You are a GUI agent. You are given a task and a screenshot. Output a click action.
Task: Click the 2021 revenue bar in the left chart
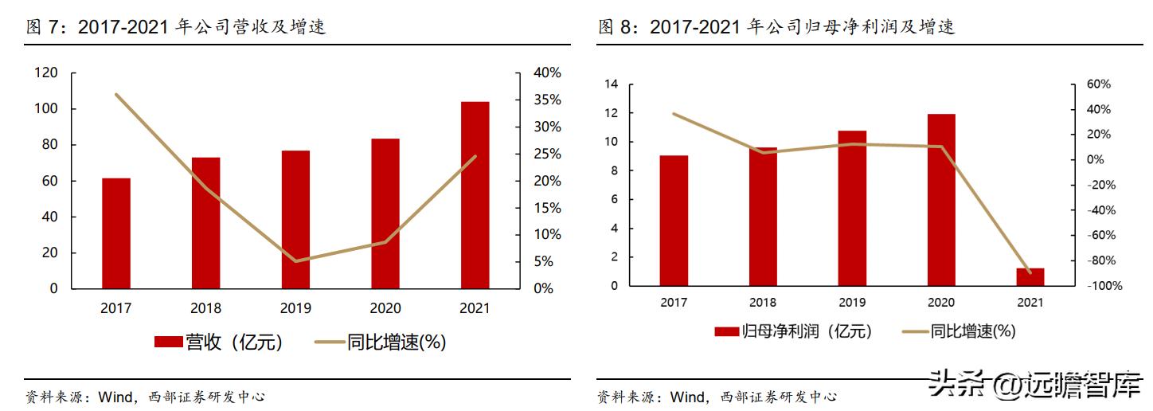(x=475, y=195)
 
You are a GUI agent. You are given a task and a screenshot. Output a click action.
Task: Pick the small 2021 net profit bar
(x=1030, y=277)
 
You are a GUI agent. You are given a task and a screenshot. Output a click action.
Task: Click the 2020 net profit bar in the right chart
(x=941, y=200)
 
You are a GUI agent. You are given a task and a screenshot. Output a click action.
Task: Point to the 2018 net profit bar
(x=763, y=217)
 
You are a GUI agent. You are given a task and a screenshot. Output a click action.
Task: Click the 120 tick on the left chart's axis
(x=47, y=73)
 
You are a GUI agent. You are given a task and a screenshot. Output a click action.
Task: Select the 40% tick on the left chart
(x=547, y=73)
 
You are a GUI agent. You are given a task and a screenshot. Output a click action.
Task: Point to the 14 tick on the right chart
(x=612, y=84)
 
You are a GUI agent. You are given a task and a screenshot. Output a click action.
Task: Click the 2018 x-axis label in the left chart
(x=205, y=308)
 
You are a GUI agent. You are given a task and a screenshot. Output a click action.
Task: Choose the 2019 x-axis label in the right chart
(x=852, y=303)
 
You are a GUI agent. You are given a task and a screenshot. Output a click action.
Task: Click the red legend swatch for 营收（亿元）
(x=169, y=342)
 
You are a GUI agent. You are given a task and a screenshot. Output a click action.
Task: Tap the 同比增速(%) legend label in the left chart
(x=397, y=342)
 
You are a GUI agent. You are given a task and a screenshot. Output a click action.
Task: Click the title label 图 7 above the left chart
(x=45, y=27)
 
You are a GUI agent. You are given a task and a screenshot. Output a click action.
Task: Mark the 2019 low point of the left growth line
(x=295, y=261)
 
